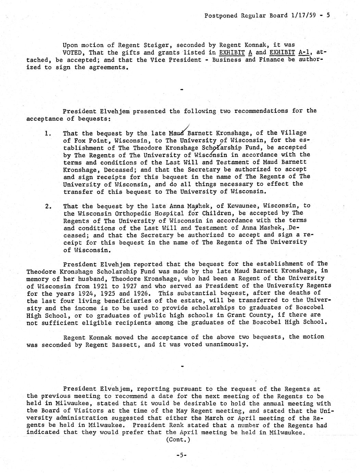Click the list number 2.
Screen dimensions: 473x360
(48, 206)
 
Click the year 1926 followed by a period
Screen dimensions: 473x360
(143, 293)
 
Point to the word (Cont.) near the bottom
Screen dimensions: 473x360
(177, 440)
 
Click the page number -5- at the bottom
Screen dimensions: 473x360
(181, 455)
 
